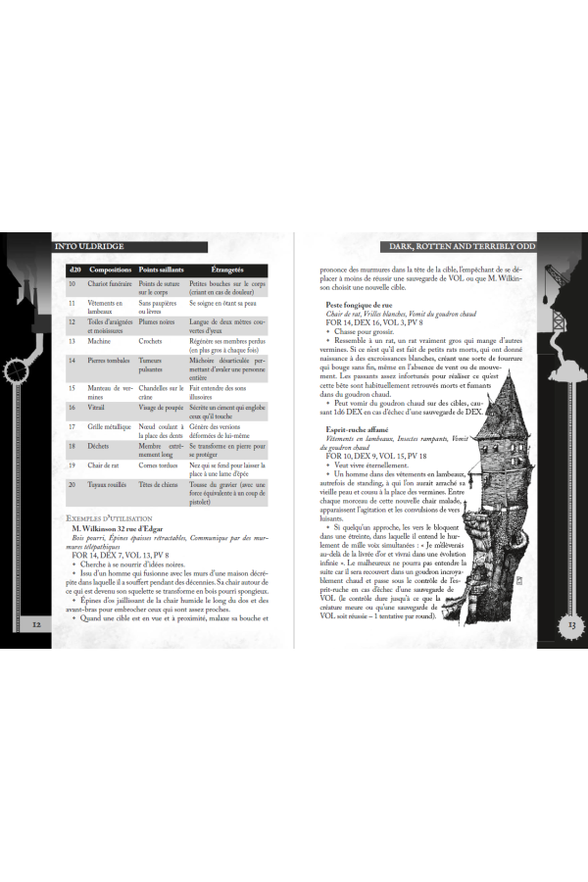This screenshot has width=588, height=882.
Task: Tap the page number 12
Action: (x=36, y=623)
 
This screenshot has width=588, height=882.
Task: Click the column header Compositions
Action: (x=110, y=269)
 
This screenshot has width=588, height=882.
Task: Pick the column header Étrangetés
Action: (x=227, y=269)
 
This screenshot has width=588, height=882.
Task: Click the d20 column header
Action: (x=74, y=269)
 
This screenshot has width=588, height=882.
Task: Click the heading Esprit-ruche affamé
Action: (x=357, y=429)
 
